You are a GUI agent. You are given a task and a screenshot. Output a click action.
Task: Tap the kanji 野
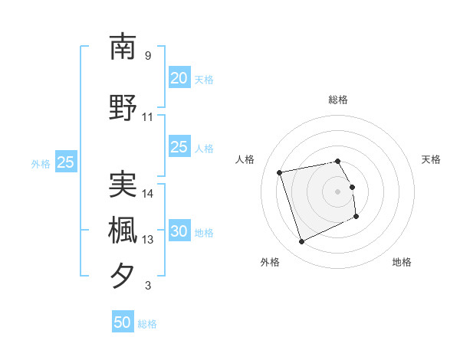123,107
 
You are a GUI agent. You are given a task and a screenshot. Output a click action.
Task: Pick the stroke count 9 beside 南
148,56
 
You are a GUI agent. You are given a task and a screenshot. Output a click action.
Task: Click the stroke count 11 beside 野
148,117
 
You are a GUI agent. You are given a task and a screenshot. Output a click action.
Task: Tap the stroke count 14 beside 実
148,193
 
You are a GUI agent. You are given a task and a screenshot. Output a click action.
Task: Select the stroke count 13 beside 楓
148,240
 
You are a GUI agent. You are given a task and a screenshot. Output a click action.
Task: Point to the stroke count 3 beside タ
148,286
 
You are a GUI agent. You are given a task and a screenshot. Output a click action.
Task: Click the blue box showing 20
179,78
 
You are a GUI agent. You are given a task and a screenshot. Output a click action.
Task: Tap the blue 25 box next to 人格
179,148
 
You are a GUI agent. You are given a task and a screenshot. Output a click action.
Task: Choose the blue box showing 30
179,232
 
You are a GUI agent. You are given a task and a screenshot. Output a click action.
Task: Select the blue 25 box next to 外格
65,162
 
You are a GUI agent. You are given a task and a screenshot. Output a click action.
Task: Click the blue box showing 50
123,322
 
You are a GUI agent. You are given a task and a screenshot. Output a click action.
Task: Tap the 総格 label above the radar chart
338,100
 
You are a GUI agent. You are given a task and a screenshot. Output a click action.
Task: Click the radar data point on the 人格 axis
280,172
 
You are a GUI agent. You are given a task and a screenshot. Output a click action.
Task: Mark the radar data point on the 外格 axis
301,242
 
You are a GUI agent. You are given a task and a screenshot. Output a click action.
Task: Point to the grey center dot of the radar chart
338,191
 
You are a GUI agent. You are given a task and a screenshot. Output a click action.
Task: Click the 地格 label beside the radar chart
402,262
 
